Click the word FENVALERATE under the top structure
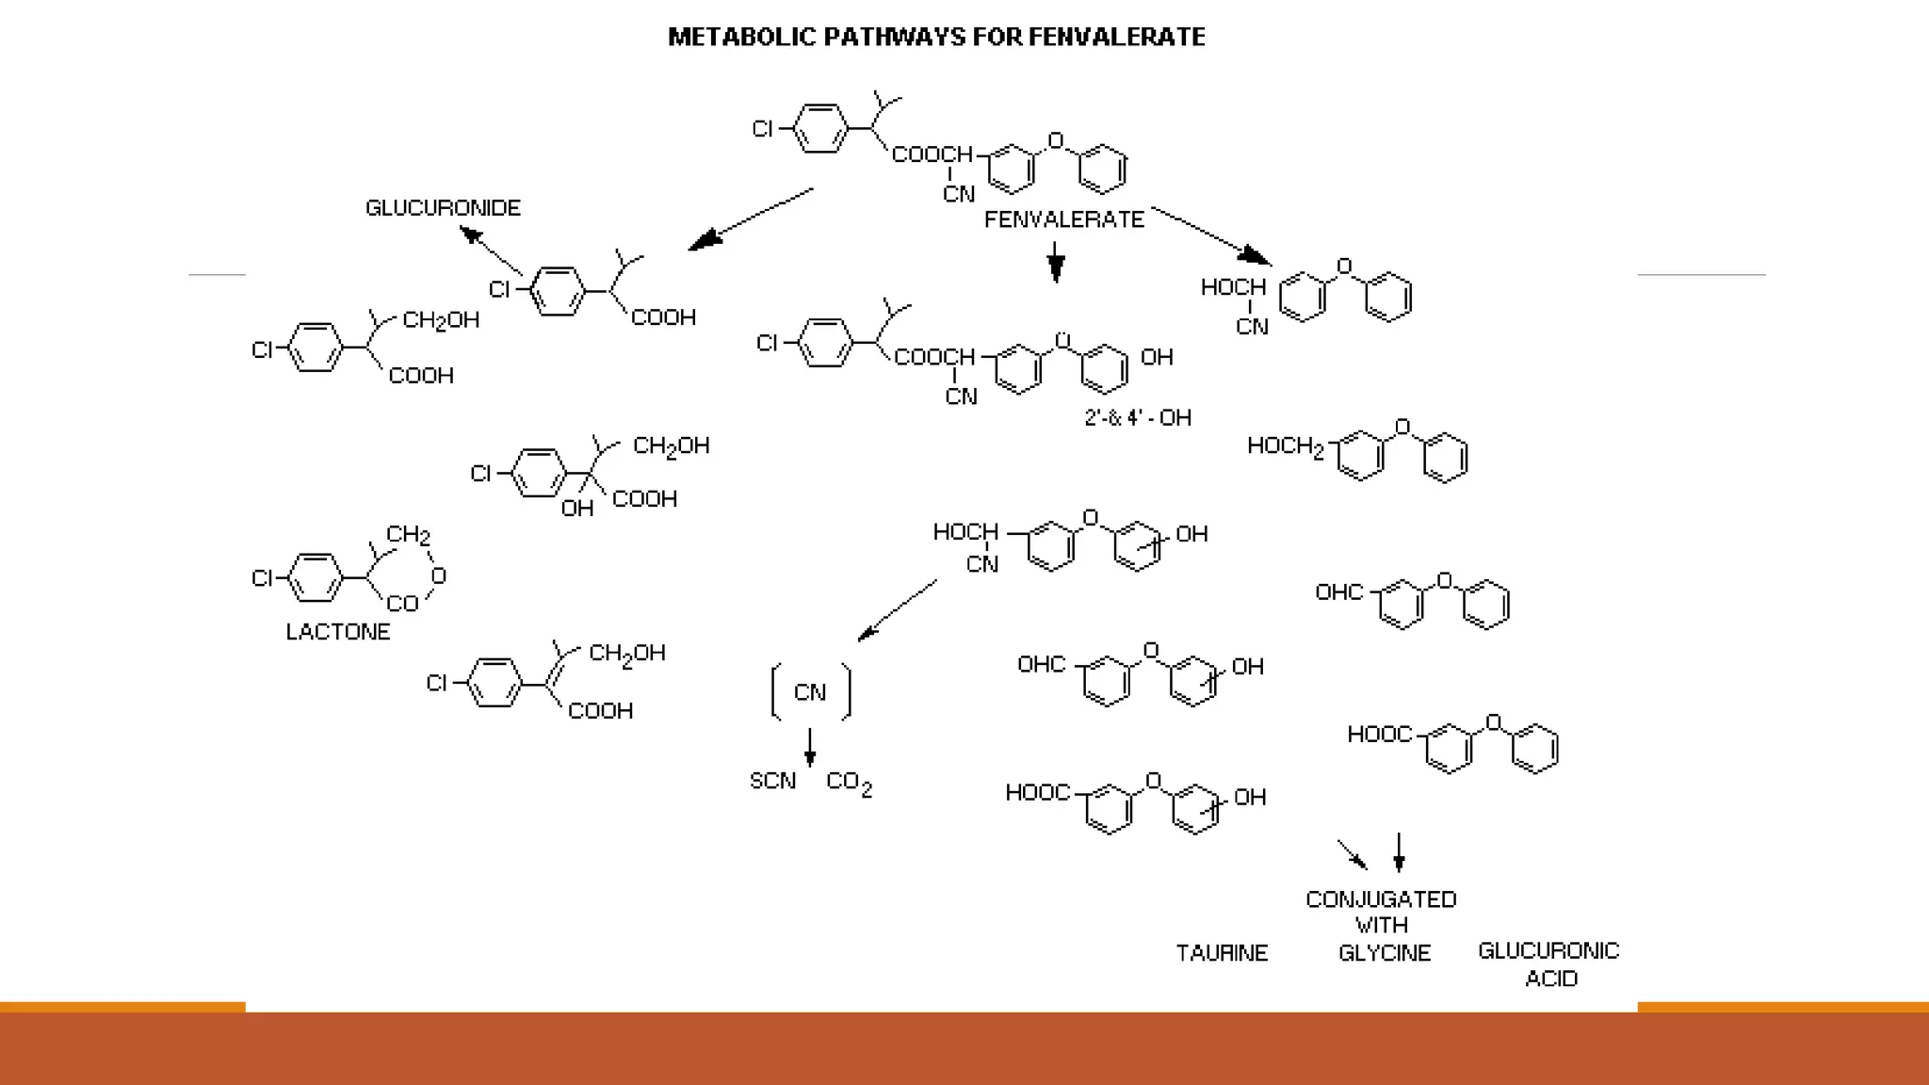pyautogui.click(x=1063, y=219)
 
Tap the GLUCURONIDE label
pyautogui.click(x=443, y=208)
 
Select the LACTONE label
pyautogui.click(x=337, y=632)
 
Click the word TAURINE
pyautogui.click(x=1222, y=953)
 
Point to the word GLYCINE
pyautogui.click(x=1384, y=953)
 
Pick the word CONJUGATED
pyautogui.click(x=1381, y=899)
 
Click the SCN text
pyautogui.click(x=772, y=781)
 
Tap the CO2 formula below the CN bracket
pyautogui.click(x=849, y=784)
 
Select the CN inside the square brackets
pyautogui.click(x=810, y=693)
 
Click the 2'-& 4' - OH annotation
pyautogui.click(x=1138, y=417)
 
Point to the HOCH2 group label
pyautogui.click(x=1286, y=446)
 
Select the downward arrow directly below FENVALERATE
pyautogui.click(x=1056, y=262)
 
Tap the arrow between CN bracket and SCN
pyautogui.click(x=810, y=746)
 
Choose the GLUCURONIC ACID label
pyautogui.click(x=1549, y=964)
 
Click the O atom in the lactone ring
pyautogui.click(x=438, y=575)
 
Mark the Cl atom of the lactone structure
pyautogui.click(x=262, y=577)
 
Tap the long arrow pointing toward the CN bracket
pyautogui.click(x=897, y=610)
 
